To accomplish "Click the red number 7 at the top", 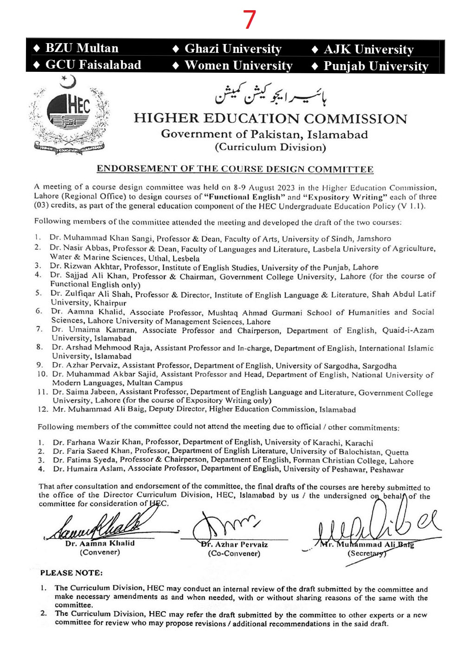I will click(x=249, y=20).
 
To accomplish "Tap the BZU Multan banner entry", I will click(x=77, y=48).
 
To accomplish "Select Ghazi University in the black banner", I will click(x=228, y=49).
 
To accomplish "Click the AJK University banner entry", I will click(x=363, y=49).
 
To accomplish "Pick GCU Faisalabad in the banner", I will click(x=88, y=65).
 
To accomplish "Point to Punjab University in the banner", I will click(x=370, y=66).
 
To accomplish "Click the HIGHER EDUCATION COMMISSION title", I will click(x=270, y=119).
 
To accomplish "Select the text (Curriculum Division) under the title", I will click(x=270, y=147).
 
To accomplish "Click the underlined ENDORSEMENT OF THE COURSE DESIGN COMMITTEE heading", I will click(x=235, y=169).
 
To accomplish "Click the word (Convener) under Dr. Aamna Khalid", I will click(x=100, y=552).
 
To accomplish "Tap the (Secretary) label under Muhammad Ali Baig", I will click(x=366, y=553).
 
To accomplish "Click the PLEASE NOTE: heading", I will click(x=71, y=573).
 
